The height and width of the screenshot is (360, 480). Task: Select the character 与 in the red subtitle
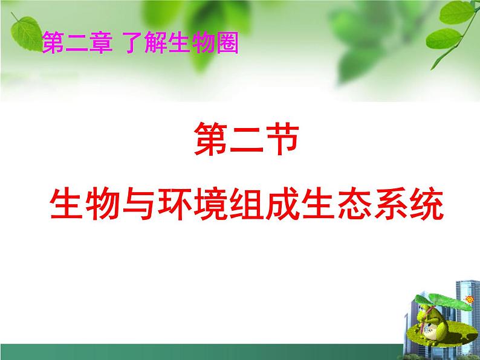pyautogui.click(x=135, y=205)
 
